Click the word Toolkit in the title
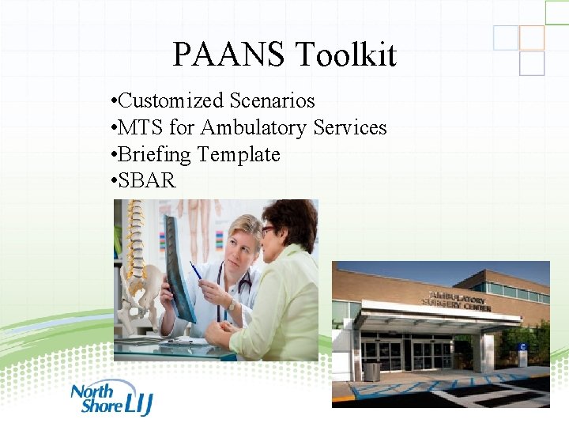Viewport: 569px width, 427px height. pos(346,55)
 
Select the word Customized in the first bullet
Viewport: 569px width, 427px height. pos(171,101)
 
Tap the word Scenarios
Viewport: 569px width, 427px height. pos(273,101)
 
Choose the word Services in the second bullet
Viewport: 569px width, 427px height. pos(350,128)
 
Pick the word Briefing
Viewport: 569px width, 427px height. pos(155,155)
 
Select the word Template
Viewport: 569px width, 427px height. pos(239,154)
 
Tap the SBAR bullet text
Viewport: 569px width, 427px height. pos(147,181)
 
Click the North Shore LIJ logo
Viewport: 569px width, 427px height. pos(111,397)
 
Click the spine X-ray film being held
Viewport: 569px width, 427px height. pos(179,265)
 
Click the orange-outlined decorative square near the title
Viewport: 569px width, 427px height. pos(532,38)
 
